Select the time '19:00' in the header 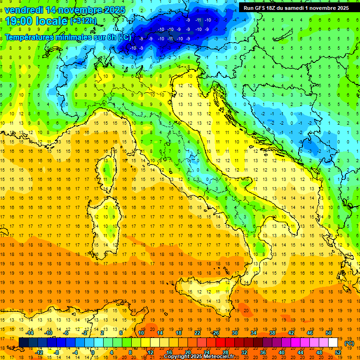(x=19, y=21)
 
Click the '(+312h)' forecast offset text (x=83, y=21)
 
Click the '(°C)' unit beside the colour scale (x=349, y=343)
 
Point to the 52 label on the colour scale (x=338, y=352)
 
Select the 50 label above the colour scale (x=329, y=333)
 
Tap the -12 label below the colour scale (x=39, y=352)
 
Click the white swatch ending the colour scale (x=333, y=343)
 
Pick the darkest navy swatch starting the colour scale (x=23, y=343)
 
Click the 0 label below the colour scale (x=93, y=352)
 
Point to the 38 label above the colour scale (x=272, y=333)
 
